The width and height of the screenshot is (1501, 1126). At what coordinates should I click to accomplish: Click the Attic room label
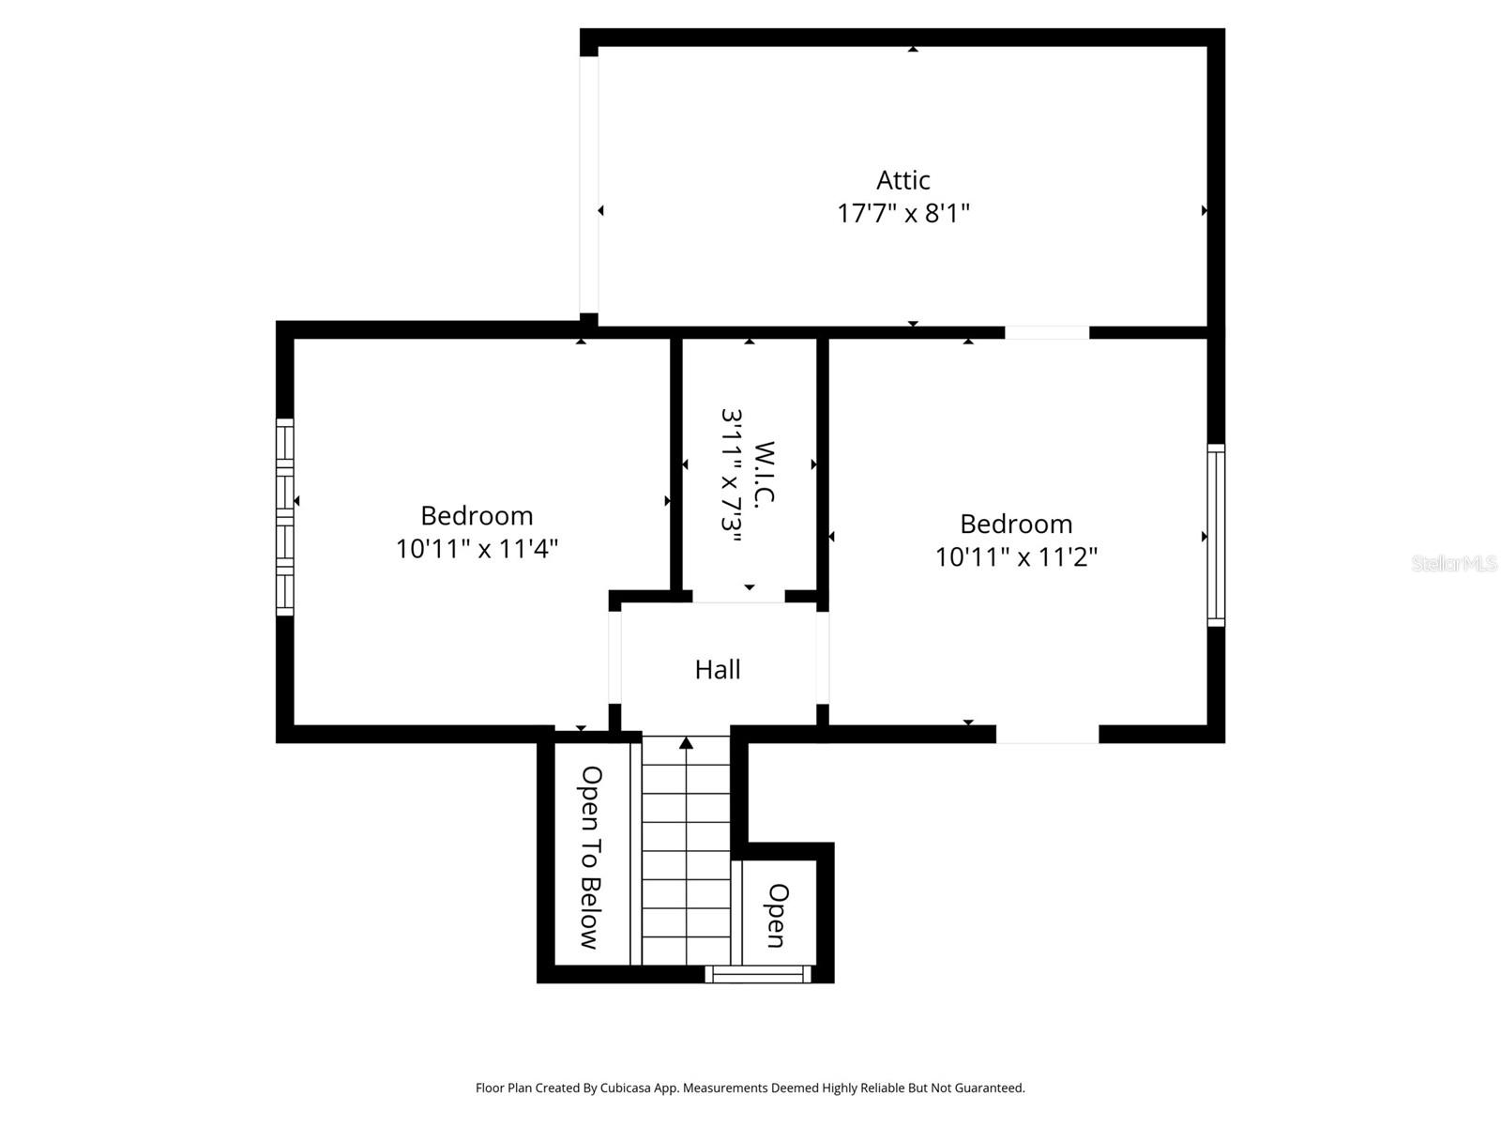click(902, 180)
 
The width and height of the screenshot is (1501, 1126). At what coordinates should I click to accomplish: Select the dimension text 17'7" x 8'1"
click(902, 214)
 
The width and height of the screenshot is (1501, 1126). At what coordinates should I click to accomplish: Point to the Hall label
click(718, 670)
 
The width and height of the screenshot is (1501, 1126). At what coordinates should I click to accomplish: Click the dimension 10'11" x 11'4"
click(477, 549)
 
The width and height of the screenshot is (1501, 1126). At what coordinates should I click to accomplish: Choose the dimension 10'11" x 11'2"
click(1016, 557)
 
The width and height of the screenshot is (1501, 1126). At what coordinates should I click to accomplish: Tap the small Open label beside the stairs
click(777, 915)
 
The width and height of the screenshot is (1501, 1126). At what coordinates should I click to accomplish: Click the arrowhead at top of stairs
click(686, 743)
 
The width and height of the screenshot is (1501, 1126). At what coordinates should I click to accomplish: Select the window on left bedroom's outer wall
click(284, 517)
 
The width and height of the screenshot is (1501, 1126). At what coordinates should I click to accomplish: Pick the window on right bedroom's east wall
click(1216, 535)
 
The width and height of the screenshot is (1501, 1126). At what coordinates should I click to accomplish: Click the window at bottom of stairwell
click(758, 975)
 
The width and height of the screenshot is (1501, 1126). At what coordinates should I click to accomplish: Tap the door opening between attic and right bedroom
click(1047, 332)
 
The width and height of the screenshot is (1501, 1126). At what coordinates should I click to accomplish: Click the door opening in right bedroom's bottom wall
click(1047, 735)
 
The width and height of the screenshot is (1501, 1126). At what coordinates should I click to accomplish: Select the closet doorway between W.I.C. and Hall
click(738, 598)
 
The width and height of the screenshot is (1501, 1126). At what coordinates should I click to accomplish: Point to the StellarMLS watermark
click(1453, 564)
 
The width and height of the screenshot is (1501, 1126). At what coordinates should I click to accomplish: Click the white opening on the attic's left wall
click(588, 184)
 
